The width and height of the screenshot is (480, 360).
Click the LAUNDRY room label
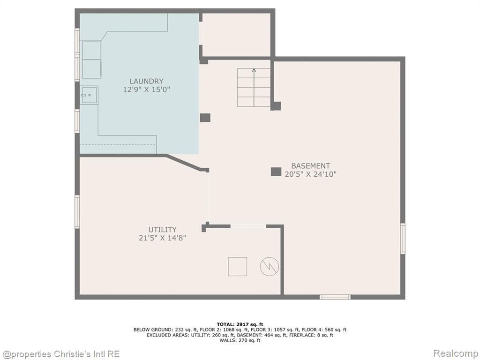tap(146, 81)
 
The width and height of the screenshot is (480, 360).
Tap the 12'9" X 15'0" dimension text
tap(146, 90)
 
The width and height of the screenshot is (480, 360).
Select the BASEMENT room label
tap(310, 166)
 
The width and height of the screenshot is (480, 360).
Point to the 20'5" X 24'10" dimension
tap(310, 174)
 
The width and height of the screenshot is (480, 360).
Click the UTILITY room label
tap(162, 230)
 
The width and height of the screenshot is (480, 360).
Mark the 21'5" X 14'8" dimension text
tap(162, 238)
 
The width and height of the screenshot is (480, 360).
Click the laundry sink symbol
tap(89, 95)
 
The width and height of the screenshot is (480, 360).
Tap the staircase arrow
tap(254, 88)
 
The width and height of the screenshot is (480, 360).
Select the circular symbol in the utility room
tap(270, 266)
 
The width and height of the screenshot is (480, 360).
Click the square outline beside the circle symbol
tap(238, 267)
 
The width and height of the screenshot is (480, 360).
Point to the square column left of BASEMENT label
tap(276, 172)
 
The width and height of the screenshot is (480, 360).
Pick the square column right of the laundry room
tap(205, 118)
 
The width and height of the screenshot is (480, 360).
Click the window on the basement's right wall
tap(403, 239)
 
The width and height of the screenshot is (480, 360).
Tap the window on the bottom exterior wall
tap(335, 297)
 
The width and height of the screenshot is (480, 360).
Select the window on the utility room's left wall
tap(77, 212)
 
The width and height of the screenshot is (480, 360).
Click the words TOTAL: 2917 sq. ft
tap(240, 324)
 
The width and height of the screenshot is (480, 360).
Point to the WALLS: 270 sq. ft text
tap(240, 340)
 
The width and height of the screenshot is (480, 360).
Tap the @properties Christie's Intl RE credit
tap(60, 354)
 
